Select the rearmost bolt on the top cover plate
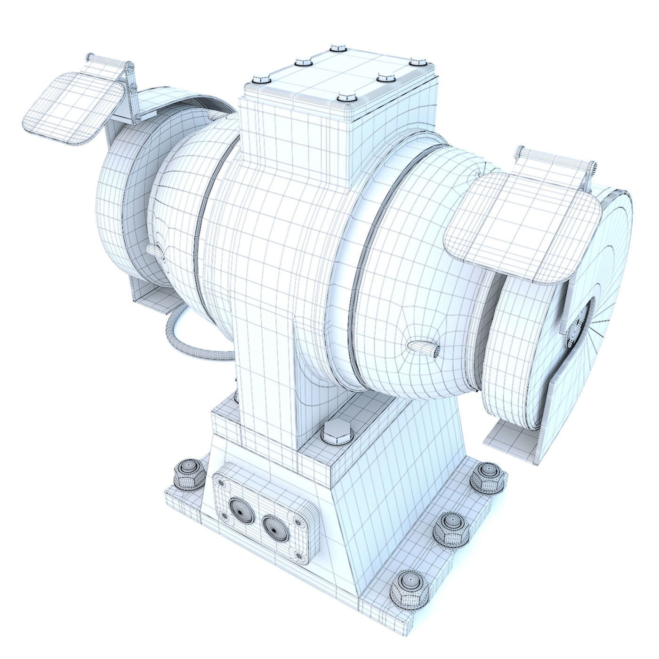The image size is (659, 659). pyautogui.click(x=337, y=48)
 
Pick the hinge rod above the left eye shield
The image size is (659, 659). pyautogui.click(x=108, y=60)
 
